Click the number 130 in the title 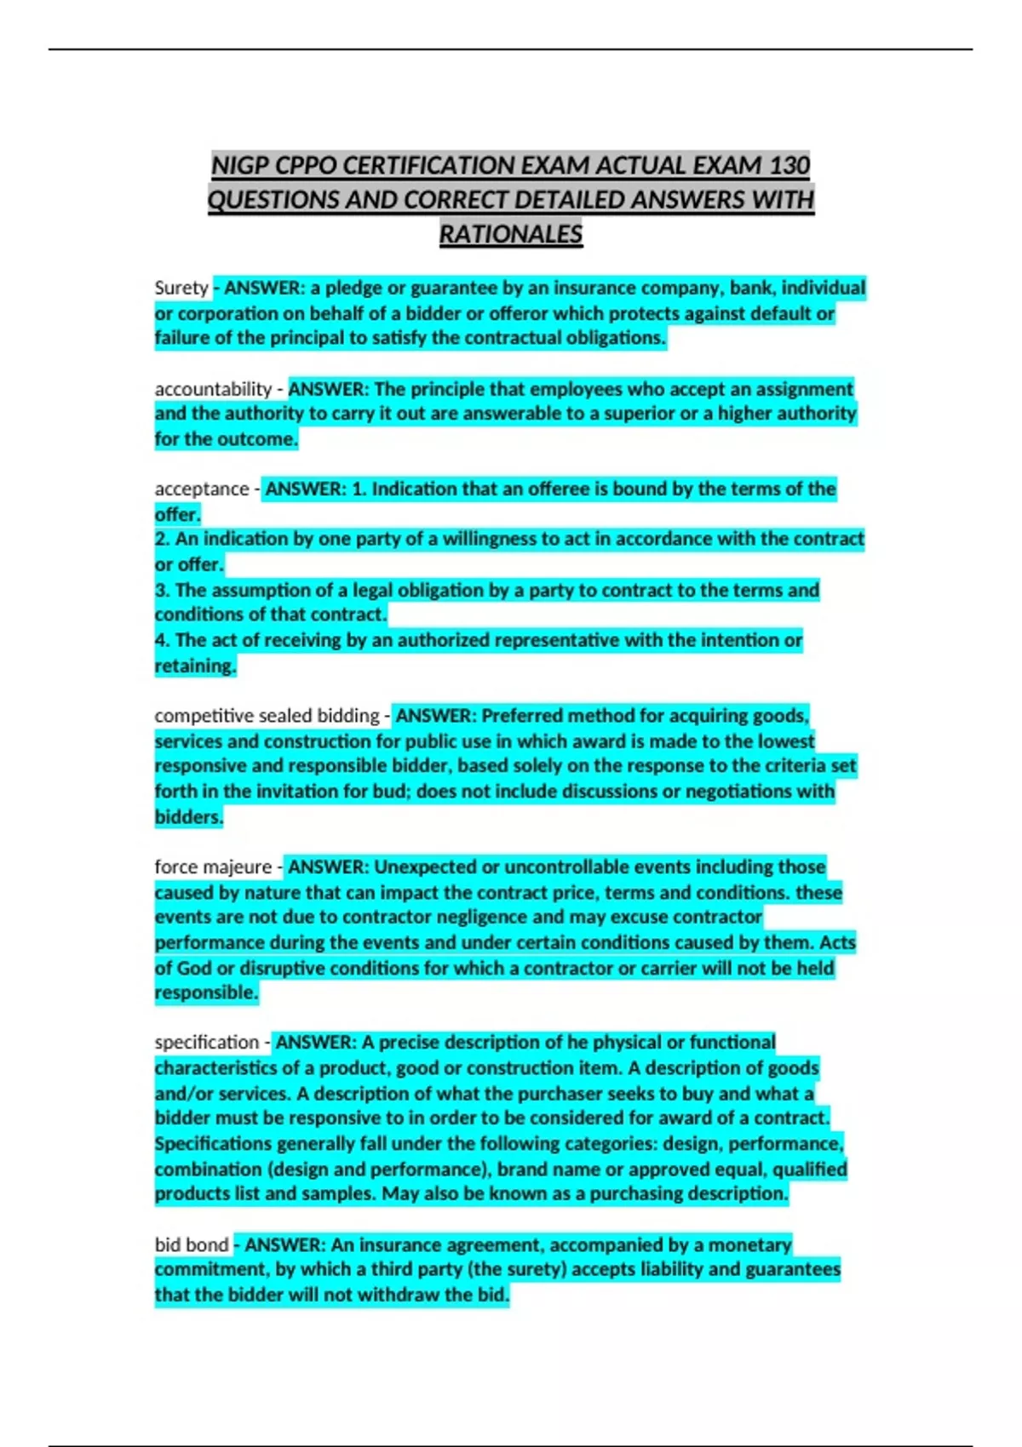[x=789, y=165]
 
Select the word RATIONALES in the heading [x=511, y=234]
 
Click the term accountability [x=213, y=389]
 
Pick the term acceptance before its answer [x=201, y=489]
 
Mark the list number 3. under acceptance [x=163, y=590]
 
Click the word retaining [x=194, y=666]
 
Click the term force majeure [x=213, y=867]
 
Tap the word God [x=194, y=968]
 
